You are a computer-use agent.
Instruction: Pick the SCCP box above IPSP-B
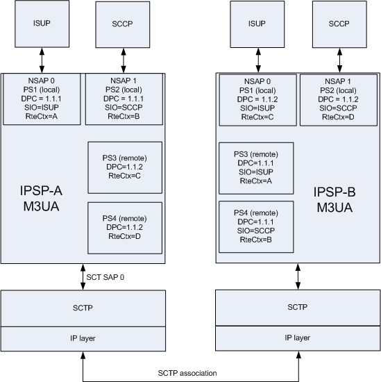(339, 24)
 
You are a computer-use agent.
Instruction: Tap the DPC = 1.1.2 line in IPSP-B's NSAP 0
(257, 99)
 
